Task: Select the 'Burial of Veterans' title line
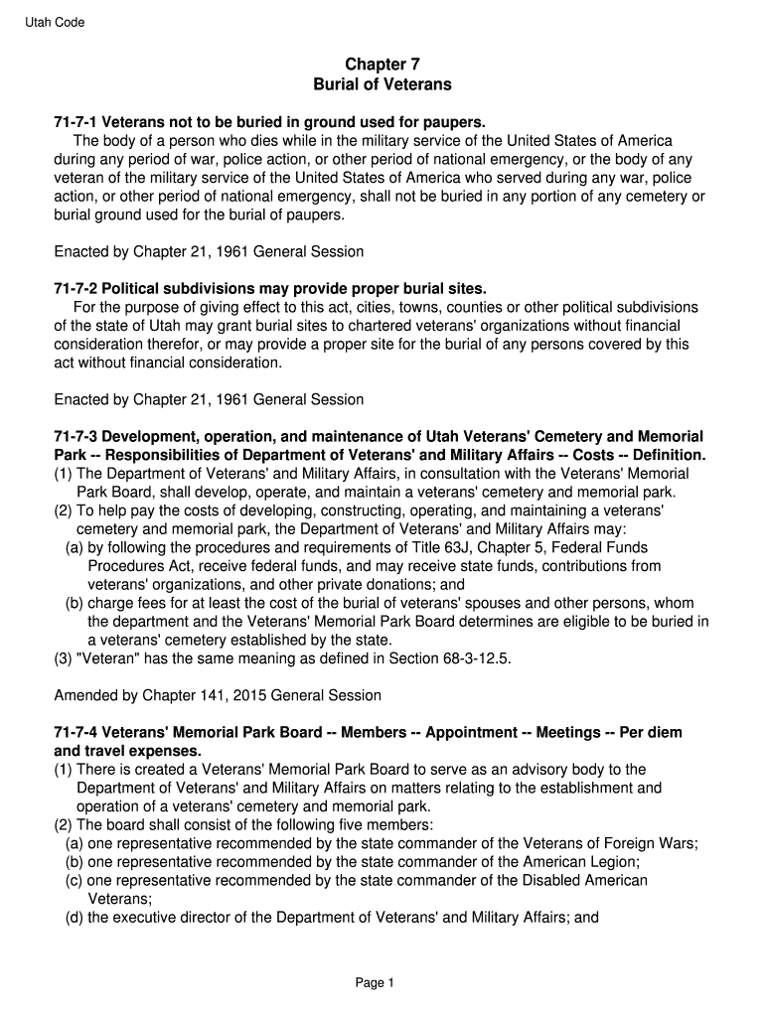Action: tap(382, 84)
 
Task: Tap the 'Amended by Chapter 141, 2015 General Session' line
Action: tap(218, 695)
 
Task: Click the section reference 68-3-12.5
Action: tap(472, 658)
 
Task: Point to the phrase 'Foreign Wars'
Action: tap(657, 843)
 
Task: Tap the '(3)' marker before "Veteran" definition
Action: tap(63, 658)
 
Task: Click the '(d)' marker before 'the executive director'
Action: tap(74, 918)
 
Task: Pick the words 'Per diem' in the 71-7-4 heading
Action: tap(651, 732)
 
